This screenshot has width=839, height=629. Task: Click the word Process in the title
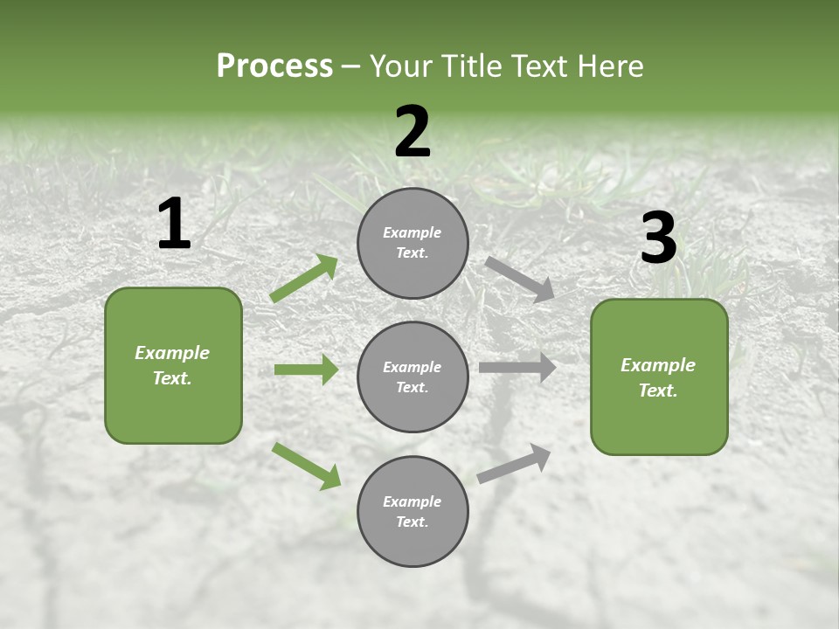[274, 66]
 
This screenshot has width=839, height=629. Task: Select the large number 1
[174, 225]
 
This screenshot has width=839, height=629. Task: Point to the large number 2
[413, 133]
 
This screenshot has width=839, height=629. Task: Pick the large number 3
[658, 238]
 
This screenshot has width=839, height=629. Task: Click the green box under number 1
[173, 365]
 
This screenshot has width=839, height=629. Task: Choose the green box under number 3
[659, 377]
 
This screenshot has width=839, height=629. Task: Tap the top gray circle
[413, 243]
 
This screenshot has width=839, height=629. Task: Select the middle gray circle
[413, 377]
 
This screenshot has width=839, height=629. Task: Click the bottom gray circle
[413, 511]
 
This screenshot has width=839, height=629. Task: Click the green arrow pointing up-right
[304, 279]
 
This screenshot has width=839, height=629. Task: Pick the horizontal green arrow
[306, 370]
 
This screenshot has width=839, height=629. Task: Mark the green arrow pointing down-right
[307, 466]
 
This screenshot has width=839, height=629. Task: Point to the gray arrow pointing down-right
[520, 279]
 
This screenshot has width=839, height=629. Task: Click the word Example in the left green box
[172, 353]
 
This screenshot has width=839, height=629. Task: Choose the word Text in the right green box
[657, 391]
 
